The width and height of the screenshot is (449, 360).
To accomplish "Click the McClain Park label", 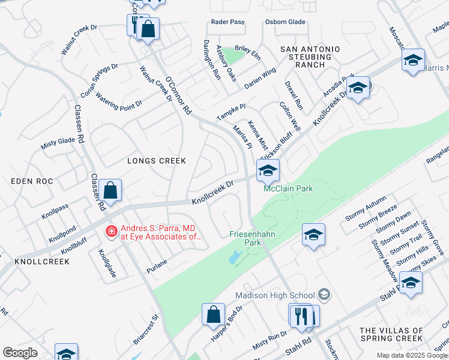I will point(288,189).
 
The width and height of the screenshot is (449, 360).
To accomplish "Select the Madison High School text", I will point(274,295).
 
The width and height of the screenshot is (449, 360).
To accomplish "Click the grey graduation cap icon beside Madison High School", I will point(324,294).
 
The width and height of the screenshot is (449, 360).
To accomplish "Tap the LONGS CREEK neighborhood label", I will point(156,161).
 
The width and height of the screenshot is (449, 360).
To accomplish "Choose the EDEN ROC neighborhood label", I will point(29,181).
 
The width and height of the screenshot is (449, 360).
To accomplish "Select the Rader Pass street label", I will point(228,22).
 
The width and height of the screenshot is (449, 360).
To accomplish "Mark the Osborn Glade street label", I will point(285,22).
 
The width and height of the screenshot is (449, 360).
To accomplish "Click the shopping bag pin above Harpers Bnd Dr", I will point(213,314).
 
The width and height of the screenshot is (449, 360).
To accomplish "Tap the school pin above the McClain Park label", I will point(268,170).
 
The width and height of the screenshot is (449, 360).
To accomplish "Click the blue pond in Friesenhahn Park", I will point(234,259).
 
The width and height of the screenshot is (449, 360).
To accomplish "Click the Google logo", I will point(20,353).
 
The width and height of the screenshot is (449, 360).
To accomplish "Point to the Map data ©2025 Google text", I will point(411,355).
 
